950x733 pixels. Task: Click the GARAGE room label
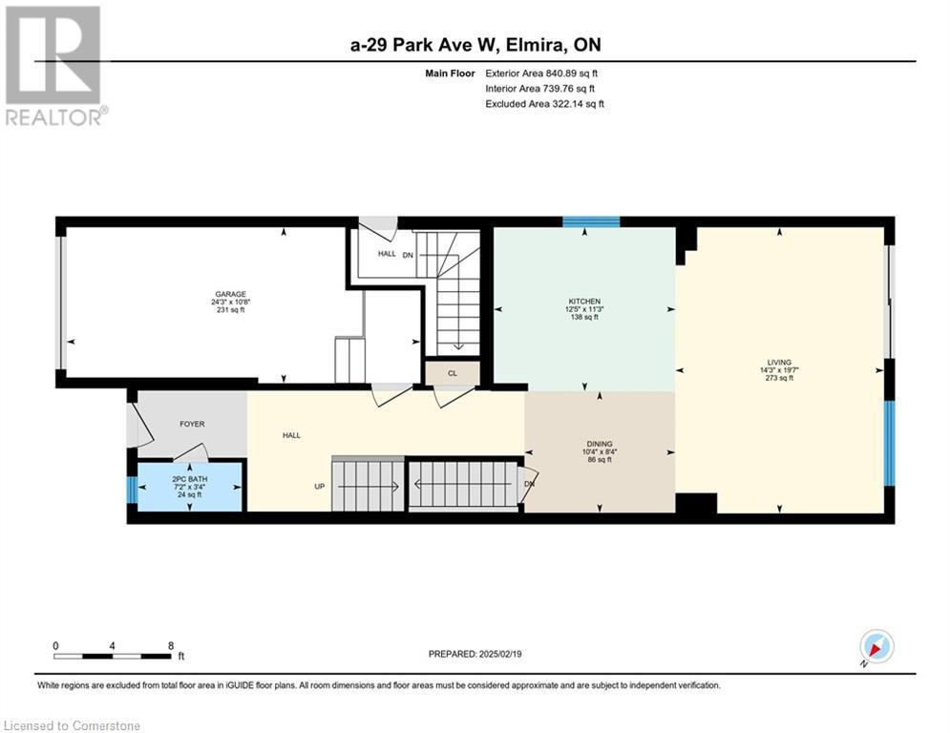point(230,294)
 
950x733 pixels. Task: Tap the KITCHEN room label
point(584,301)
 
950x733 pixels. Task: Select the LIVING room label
point(779,363)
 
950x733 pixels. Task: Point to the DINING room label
point(600,444)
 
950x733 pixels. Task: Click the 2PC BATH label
point(190,478)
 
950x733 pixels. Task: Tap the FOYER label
point(192,424)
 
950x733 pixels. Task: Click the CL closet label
point(453,373)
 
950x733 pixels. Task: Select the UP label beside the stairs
point(319,486)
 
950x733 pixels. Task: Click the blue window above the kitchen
point(591,221)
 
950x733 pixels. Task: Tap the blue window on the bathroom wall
point(132,490)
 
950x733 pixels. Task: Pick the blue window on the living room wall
point(889,443)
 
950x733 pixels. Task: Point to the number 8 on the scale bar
point(171,646)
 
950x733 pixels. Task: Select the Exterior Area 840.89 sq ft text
point(541,73)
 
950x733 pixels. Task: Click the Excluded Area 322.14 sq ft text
point(544,104)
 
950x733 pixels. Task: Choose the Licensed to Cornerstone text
point(72,725)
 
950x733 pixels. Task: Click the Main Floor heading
point(450,73)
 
